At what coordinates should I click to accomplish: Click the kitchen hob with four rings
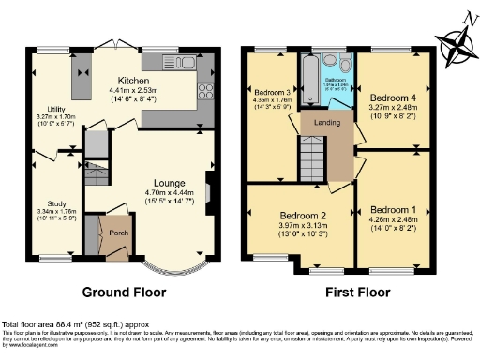pyautogui.click(x=203, y=91)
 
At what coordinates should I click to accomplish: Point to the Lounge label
pyautogui.click(x=170, y=182)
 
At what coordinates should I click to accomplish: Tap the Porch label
pyautogui.click(x=120, y=233)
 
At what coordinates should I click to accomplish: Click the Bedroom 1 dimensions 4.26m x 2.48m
pyautogui.click(x=391, y=222)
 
